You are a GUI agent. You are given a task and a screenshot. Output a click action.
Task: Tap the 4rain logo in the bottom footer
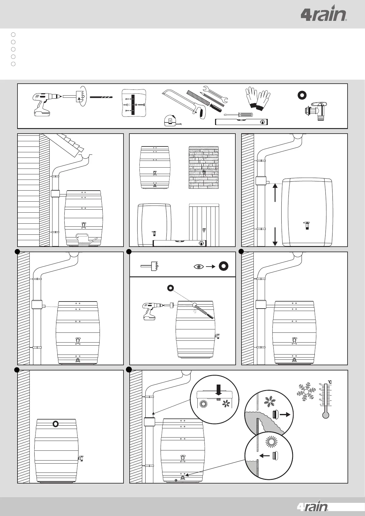312,508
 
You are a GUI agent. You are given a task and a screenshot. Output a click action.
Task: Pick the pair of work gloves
257,97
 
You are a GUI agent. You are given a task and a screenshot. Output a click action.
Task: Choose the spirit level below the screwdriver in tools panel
241,122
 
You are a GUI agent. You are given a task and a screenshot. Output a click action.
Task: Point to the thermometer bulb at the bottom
325,415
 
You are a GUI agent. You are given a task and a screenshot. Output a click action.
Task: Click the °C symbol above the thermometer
330,382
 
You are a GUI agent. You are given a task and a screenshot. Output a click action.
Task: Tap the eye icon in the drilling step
199,267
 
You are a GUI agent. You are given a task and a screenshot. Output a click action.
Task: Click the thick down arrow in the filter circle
218,390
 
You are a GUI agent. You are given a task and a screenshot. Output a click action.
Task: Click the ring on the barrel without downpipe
55,424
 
